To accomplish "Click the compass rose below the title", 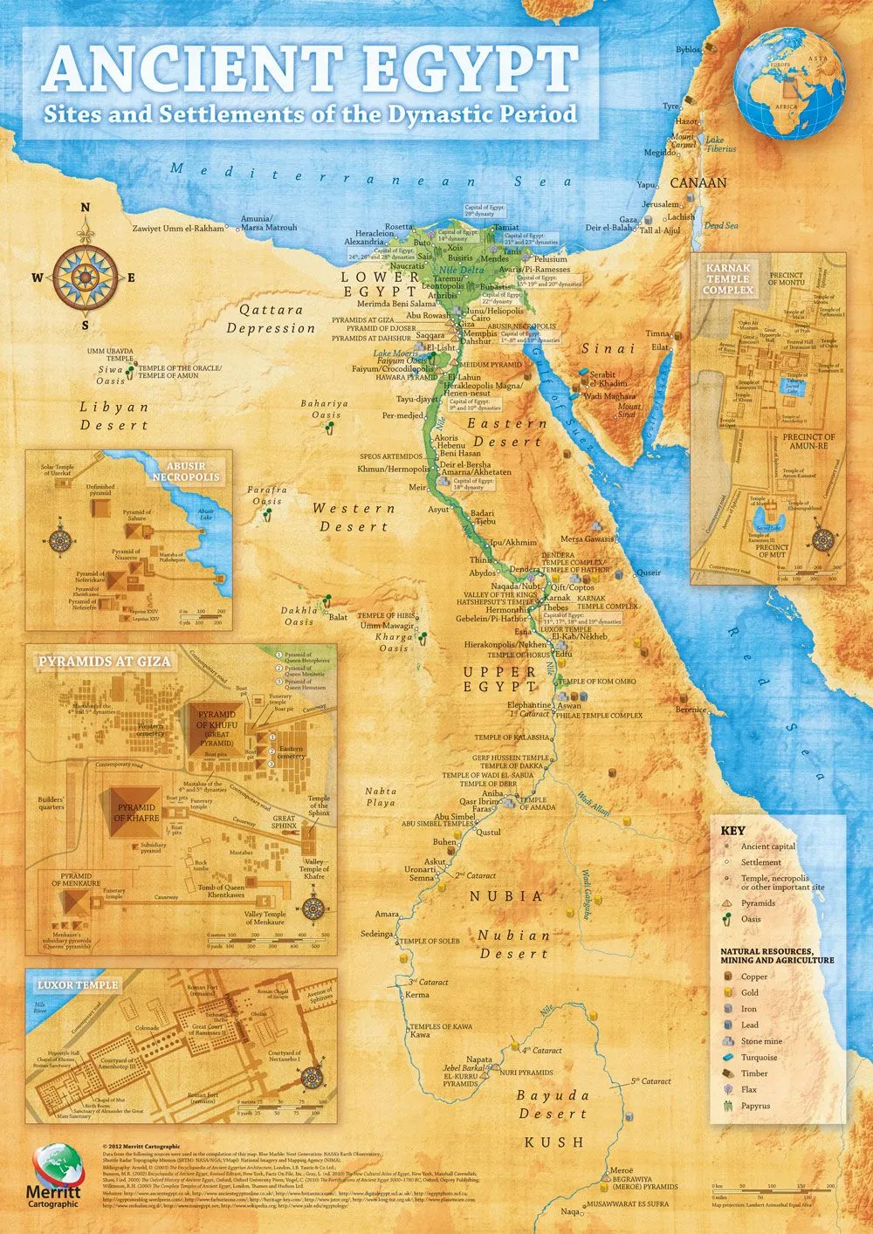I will (86, 278).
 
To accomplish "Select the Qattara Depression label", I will (271, 319).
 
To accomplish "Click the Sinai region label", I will (608, 349).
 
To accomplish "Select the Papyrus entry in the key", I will (755, 1106).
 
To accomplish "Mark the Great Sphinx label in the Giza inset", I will (284, 823).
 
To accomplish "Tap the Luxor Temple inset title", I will (78, 985).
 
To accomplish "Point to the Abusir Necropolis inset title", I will (187, 472).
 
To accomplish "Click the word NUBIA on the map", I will (506, 896).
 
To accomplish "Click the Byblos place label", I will (687, 50).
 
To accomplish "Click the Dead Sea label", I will (721, 226).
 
